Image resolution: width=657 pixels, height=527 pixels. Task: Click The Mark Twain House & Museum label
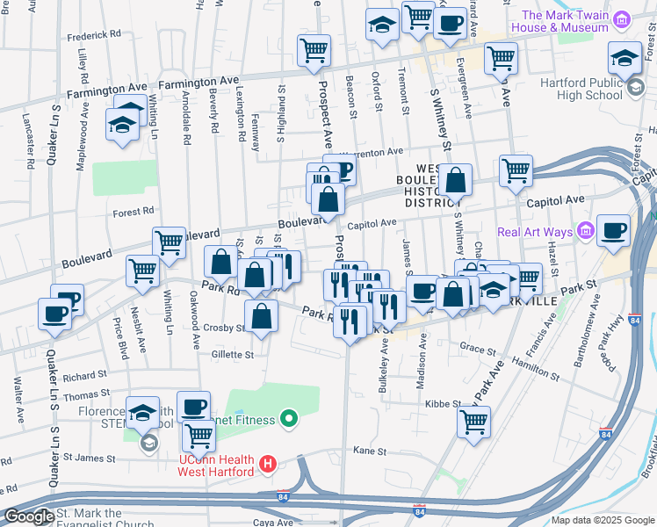pos(566,21)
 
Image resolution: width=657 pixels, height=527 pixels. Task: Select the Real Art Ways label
pos(535,232)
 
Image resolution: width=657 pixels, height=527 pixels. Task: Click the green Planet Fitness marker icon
pos(286,419)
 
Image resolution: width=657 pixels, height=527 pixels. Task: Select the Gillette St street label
pos(232,355)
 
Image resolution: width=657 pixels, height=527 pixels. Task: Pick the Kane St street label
pos(370,451)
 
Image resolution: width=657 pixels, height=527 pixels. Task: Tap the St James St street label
pos(91,458)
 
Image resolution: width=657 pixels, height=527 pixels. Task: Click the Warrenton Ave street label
pos(372,152)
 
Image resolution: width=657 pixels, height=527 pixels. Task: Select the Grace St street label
pos(479,349)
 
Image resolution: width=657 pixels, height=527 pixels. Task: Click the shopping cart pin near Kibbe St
pos(474,422)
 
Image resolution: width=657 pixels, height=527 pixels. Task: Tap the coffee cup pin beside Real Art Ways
pos(613,230)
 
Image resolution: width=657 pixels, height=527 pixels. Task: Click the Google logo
pos(29,516)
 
